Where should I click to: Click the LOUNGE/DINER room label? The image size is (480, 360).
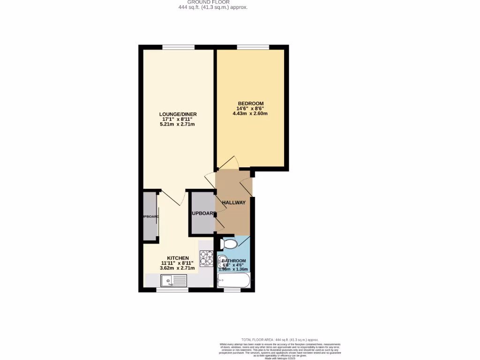pos(178,114)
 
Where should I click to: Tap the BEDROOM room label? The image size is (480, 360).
pos(250,104)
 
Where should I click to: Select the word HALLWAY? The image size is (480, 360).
pos(233,202)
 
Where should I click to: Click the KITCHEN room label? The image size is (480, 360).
pos(175,258)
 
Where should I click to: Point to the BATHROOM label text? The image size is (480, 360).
pos(234,261)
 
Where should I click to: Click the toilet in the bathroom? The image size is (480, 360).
pos(228,244)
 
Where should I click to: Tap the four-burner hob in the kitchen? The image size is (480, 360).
pos(206,258)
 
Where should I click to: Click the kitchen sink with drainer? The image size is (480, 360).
pos(173,281)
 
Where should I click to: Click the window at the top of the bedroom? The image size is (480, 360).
pos(253,47)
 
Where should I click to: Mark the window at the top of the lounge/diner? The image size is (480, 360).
pos(179,47)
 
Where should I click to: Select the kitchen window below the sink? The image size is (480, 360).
pos(172,290)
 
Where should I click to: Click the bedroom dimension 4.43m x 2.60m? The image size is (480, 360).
pos(250,113)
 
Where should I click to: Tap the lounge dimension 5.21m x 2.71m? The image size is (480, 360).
pos(178,124)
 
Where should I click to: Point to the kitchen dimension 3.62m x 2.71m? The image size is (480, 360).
pos(177,268)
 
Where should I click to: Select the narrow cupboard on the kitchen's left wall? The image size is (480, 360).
pos(150,216)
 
